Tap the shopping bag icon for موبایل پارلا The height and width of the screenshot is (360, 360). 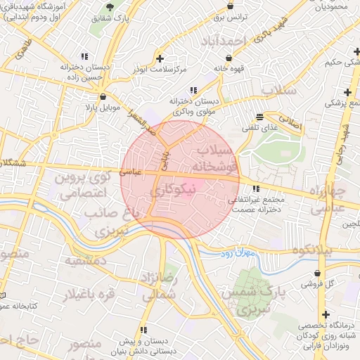pyautogui.click(x=103, y=97)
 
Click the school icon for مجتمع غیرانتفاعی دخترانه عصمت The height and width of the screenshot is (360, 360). pyautogui.click(x=255, y=188)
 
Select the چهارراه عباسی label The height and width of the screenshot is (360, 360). pyautogui.click(x=328, y=201)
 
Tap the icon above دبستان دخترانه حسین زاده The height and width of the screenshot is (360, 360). pyautogui.click(x=84, y=56)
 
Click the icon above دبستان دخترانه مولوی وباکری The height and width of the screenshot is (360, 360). pyautogui.click(x=193, y=89)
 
